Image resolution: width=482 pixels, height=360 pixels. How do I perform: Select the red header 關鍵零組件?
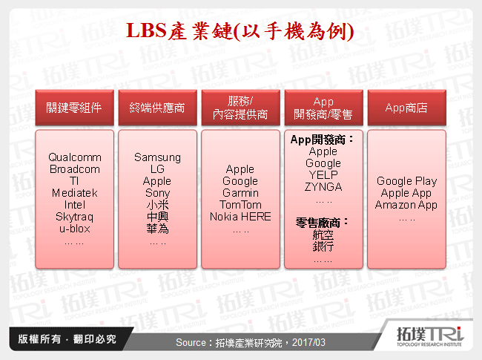point(74,108)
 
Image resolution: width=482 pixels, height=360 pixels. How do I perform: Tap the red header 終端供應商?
point(157,108)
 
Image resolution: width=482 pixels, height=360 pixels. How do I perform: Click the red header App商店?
point(406,108)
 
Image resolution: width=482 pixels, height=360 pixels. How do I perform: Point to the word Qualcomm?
point(74,157)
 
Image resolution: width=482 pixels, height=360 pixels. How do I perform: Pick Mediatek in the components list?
point(74,193)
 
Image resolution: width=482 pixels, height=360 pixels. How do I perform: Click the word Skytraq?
point(74,217)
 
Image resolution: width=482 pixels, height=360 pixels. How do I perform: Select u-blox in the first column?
point(74,229)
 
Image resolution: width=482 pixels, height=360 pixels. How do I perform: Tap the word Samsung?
point(157,157)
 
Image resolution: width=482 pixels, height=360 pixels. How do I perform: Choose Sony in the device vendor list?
point(157,193)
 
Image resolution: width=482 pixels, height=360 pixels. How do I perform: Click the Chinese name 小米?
point(157,205)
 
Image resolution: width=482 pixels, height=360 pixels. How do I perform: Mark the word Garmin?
point(240,193)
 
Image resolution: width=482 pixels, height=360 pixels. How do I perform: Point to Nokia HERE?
point(240,217)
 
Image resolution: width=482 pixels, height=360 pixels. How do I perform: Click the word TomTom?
point(240,205)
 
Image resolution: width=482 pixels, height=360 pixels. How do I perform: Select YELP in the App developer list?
point(323,175)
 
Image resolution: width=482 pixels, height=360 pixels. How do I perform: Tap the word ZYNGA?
point(323,187)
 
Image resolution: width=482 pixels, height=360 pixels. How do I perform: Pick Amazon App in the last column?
point(406,205)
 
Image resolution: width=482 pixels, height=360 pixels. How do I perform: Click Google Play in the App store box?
point(406,181)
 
